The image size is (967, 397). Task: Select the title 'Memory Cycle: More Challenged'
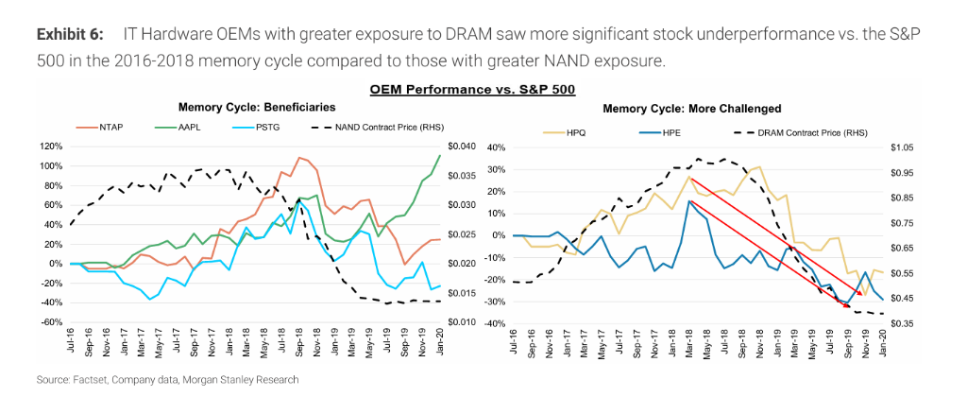(691, 109)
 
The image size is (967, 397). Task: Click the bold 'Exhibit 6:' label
(69, 35)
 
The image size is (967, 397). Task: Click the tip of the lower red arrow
(847, 307)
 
